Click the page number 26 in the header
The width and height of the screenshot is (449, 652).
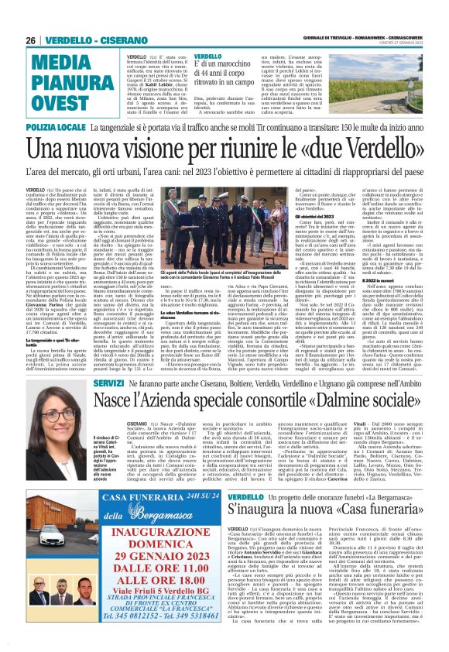(x=31, y=40)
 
